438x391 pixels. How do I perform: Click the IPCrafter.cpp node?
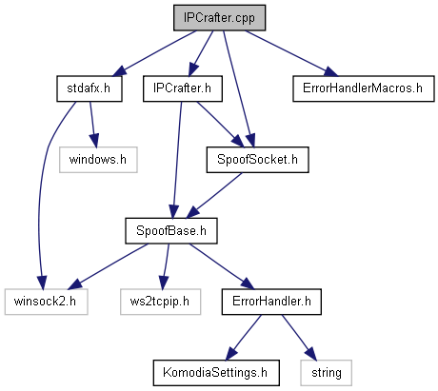tap(219, 18)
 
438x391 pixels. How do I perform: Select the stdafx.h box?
tap(90, 88)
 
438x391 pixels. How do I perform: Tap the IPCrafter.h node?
tap(183, 88)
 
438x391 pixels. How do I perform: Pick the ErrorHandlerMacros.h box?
tap(363, 88)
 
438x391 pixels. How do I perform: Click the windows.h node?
tap(98, 160)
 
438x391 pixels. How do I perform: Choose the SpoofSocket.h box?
tap(257, 160)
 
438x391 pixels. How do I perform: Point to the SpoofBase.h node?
tap(171, 230)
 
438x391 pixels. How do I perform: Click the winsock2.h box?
tap(46, 302)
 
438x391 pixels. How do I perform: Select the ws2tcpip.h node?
tap(160, 302)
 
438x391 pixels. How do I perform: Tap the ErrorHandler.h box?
tap(271, 302)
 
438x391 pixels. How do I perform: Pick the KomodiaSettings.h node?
tap(216, 373)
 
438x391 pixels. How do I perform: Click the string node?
tap(326, 373)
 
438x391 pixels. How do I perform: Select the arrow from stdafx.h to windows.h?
tap(92, 124)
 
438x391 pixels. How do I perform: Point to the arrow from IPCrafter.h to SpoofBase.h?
tap(177, 160)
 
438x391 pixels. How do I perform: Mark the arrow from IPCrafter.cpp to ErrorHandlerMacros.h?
tap(291, 53)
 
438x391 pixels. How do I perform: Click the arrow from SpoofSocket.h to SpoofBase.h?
tap(213, 195)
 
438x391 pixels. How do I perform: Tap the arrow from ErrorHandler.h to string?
tap(299, 338)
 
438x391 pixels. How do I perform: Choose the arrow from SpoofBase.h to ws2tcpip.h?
tap(166, 266)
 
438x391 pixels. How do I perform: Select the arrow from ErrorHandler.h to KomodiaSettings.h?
tap(244, 338)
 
